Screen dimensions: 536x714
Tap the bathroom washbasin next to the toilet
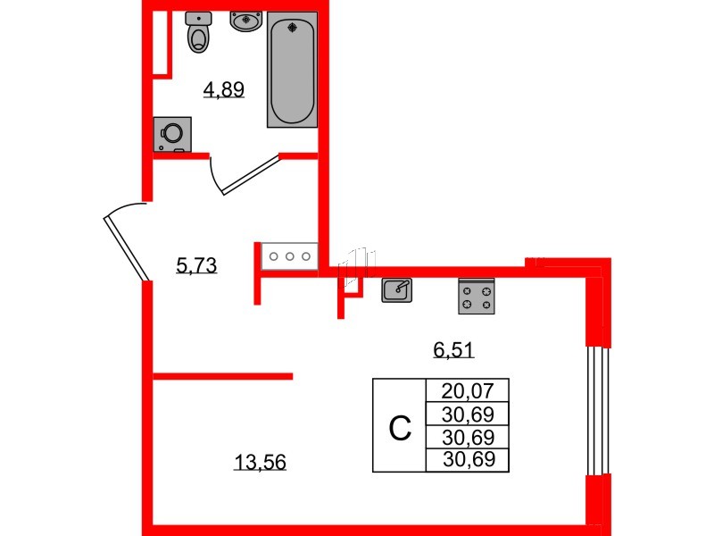[245, 21]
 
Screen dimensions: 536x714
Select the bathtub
[292, 69]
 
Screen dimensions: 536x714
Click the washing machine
[170, 133]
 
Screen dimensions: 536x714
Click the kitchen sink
[397, 289]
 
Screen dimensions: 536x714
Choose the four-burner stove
[477, 297]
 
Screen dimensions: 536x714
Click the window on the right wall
[597, 410]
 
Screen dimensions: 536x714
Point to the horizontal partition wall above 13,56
[223, 376]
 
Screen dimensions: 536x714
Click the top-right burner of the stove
[486, 289]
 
